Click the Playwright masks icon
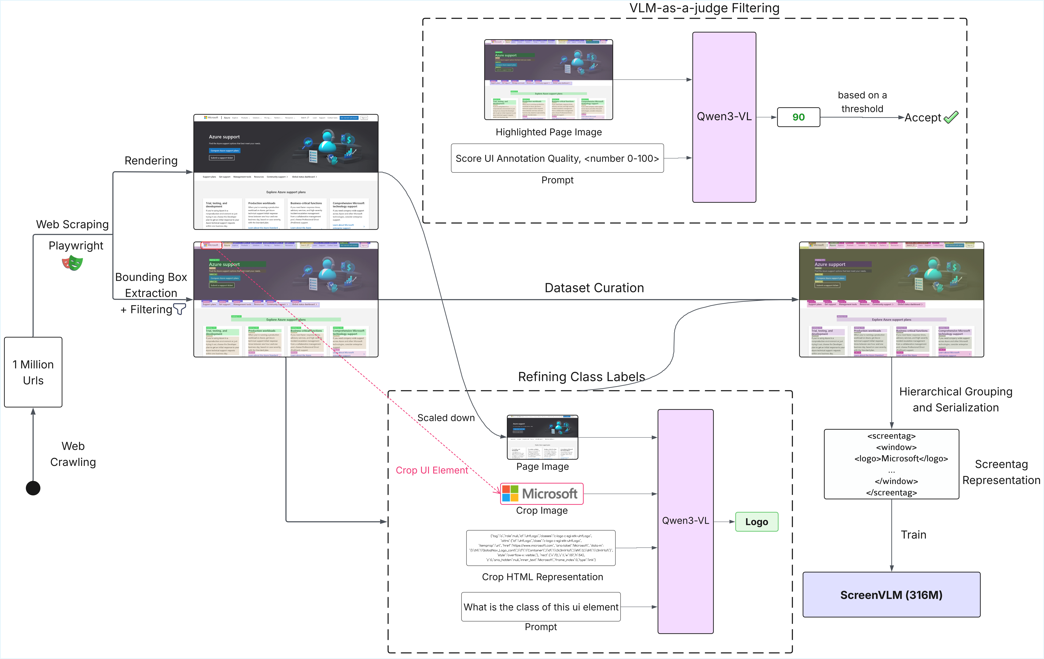tap(72, 263)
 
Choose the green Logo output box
tap(757, 522)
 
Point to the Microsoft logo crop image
tap(542, 493)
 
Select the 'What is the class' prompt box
tap(541, 607)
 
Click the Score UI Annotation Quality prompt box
tap(557, 158)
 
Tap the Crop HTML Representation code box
tap(541, 548)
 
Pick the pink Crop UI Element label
tap(432, 470)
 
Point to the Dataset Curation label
tap(594, 288)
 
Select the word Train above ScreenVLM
tap(914, 535)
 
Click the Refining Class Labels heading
tap(581, 377)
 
